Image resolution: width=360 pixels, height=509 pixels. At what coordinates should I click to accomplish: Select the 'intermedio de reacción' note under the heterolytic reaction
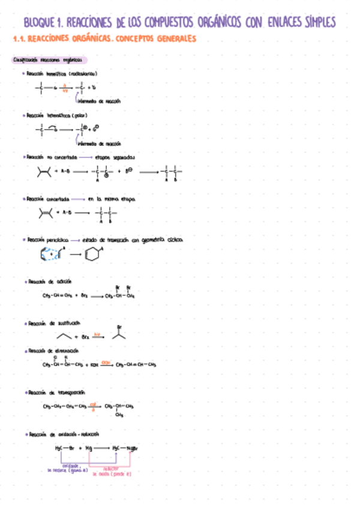click(99, 144)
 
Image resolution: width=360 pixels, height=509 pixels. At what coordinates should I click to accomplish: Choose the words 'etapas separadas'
click(115, 157)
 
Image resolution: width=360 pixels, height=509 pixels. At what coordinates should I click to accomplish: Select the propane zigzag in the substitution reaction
click(65, 336)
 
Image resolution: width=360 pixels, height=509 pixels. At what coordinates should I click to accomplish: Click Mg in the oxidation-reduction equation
click(89, 448)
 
